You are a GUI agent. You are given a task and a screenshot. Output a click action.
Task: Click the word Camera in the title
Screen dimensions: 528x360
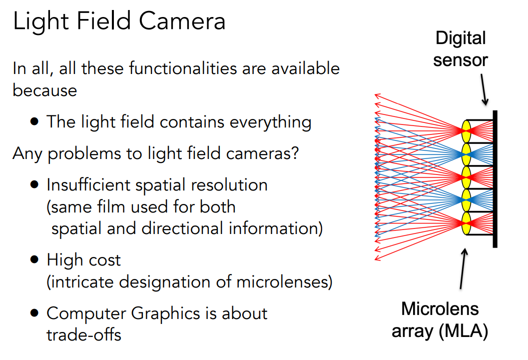click(x=182, y=21)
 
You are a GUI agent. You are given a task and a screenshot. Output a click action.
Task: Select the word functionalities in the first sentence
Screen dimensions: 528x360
click(x=183, y=68)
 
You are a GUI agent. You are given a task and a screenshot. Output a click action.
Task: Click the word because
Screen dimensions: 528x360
click(x=45, y=90)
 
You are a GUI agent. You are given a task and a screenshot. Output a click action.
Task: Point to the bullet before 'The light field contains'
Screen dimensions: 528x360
click(x=34, y=121)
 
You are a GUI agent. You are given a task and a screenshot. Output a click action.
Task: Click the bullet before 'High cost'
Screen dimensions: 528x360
click(x=34, y=259)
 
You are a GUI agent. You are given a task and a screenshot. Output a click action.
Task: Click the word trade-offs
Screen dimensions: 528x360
click(x=84, y=334)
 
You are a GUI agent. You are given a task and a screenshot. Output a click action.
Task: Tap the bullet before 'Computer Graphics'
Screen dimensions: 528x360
click(x=34, y=313)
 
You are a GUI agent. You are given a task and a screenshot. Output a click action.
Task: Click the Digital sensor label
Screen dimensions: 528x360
click(x=461, y=49)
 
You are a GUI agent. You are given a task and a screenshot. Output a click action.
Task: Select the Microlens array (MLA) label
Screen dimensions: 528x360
click(x=440, y=319)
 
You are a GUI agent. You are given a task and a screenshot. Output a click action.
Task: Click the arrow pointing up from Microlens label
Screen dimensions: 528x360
click(x=463, y=268)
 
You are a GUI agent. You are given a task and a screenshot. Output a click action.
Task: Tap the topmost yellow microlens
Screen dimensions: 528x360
click(x=466, y=131)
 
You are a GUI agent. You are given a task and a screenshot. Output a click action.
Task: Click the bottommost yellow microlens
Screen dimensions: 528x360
click(x=466, y=223)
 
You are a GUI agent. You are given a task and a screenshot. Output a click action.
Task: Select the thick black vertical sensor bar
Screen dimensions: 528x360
click(x=495, y=179)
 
